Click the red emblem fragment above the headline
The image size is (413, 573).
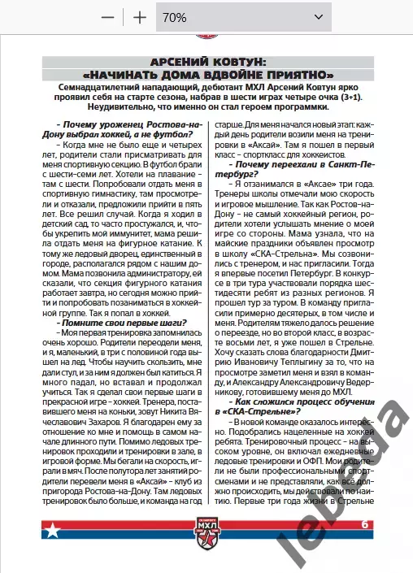tap(206, 37)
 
